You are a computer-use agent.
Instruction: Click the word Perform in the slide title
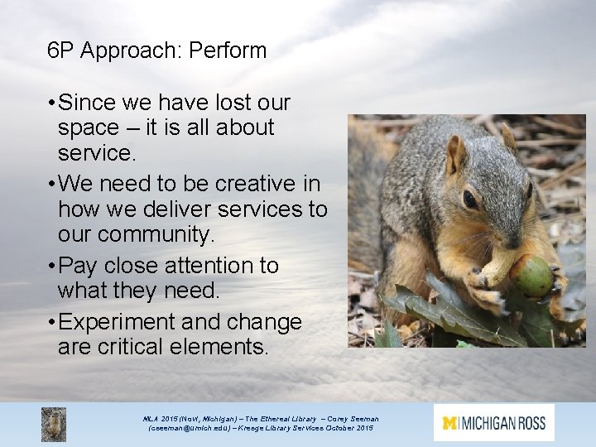pos(228,51)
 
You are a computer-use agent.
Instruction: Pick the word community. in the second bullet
pos(156,234)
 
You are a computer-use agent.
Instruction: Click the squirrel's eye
pos(469,199)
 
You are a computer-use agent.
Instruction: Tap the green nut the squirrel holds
pos(531,276)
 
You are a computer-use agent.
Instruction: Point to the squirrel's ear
pos(456,153)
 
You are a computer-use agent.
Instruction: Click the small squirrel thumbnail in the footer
pos(54,424)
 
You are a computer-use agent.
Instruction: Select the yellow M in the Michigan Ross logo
pos(450,423)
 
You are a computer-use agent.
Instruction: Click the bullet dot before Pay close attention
pos(51,266)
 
